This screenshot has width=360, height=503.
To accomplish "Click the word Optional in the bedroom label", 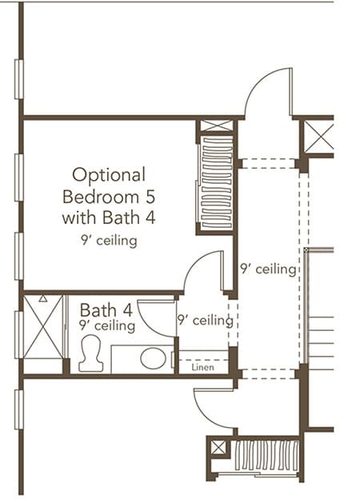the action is click(x=109, y=176).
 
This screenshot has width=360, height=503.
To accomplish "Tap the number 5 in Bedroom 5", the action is click(x=150, y=197).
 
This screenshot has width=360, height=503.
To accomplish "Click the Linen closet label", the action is click(x=202, y=367).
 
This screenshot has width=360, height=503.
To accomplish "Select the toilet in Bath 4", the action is click(x=91, y=353).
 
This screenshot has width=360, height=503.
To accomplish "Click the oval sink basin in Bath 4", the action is click(x=153, y=358).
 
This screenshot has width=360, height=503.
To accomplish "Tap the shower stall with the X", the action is click(x=43, y=326).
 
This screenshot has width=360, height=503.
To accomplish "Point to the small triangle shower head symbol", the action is click(x=43, y=298).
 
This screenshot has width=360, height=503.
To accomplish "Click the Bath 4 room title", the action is click(x=106, y=310).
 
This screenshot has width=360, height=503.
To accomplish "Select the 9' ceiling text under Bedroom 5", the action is click(x=109, y=241).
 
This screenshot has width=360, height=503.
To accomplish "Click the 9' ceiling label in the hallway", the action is click(x=268, y=269).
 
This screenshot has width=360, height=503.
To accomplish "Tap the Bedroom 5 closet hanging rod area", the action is click(x=217, y=182).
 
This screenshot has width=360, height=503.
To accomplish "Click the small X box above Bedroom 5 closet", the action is click(x=217, y=126).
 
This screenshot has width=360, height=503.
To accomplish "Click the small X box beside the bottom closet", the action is click(x=218, y=448).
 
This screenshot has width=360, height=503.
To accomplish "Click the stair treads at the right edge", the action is click(x=321, y=343).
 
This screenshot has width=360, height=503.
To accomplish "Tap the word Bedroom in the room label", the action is click(x=101, y=197).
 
